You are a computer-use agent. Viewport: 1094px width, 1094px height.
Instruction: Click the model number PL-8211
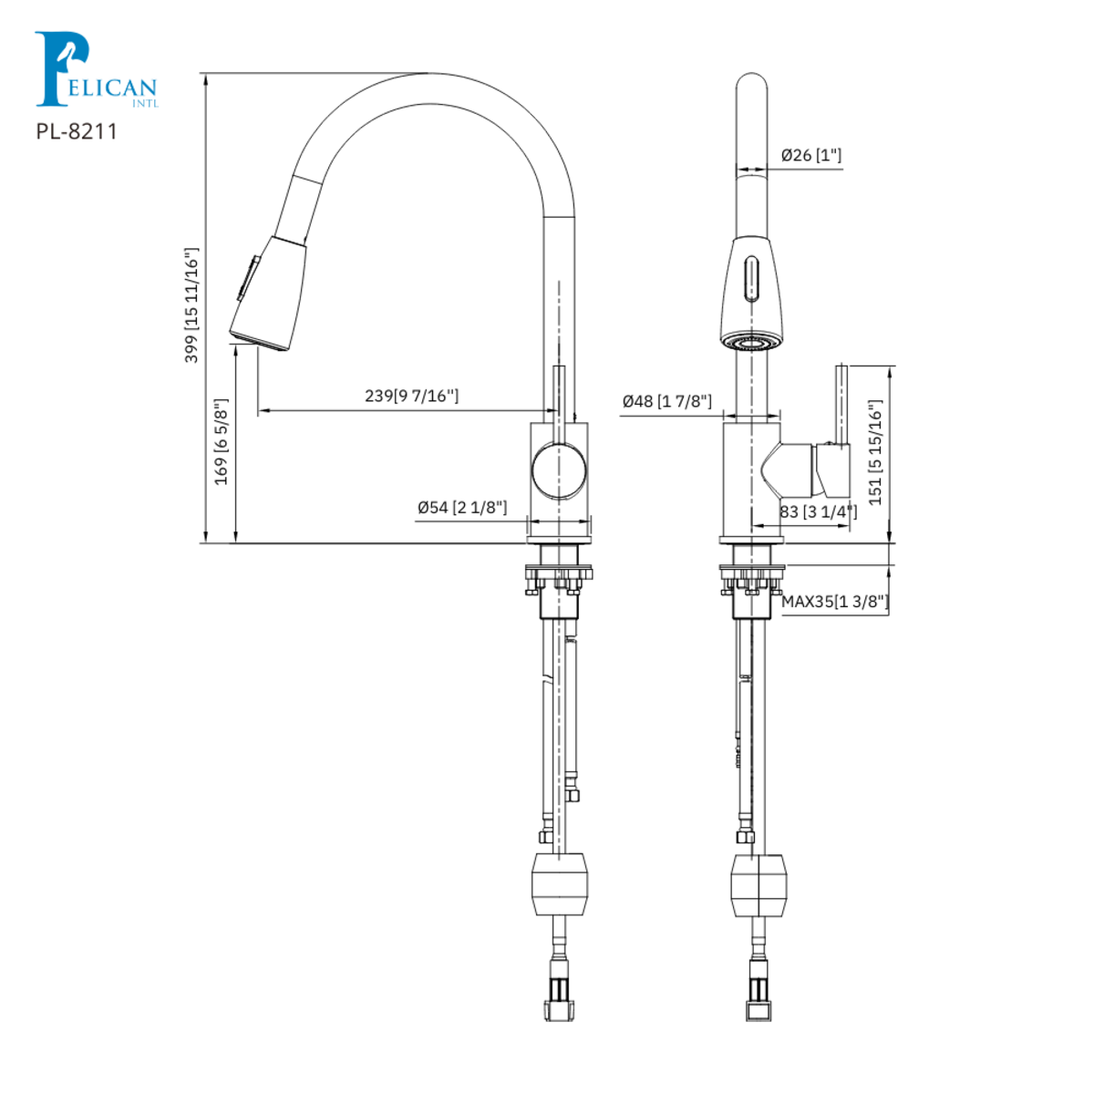(77, 131)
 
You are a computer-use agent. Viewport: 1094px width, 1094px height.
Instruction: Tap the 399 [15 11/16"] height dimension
(191, 305)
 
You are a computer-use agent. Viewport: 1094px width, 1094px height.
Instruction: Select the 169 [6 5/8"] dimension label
(221, 441)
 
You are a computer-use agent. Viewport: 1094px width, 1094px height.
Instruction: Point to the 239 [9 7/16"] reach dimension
(411, 396)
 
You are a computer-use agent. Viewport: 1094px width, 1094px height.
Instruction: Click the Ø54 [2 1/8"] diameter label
(461, 507)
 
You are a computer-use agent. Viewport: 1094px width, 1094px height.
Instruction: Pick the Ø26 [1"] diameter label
(810, 155)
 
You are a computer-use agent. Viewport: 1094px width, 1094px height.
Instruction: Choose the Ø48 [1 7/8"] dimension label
(666, 401)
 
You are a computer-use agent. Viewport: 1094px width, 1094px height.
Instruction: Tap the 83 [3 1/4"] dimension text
(818, 512)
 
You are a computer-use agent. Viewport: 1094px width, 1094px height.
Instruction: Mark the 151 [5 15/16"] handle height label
(875, 452)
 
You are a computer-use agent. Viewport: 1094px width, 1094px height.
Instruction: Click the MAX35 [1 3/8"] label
(834, 602)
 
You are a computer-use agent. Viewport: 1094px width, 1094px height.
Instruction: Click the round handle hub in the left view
(559, 470)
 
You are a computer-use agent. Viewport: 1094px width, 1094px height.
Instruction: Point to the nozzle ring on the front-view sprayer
(749, 343)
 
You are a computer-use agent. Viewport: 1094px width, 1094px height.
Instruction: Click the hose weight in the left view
(559, 884)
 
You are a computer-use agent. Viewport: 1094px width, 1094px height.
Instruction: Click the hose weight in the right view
(758, 884)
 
